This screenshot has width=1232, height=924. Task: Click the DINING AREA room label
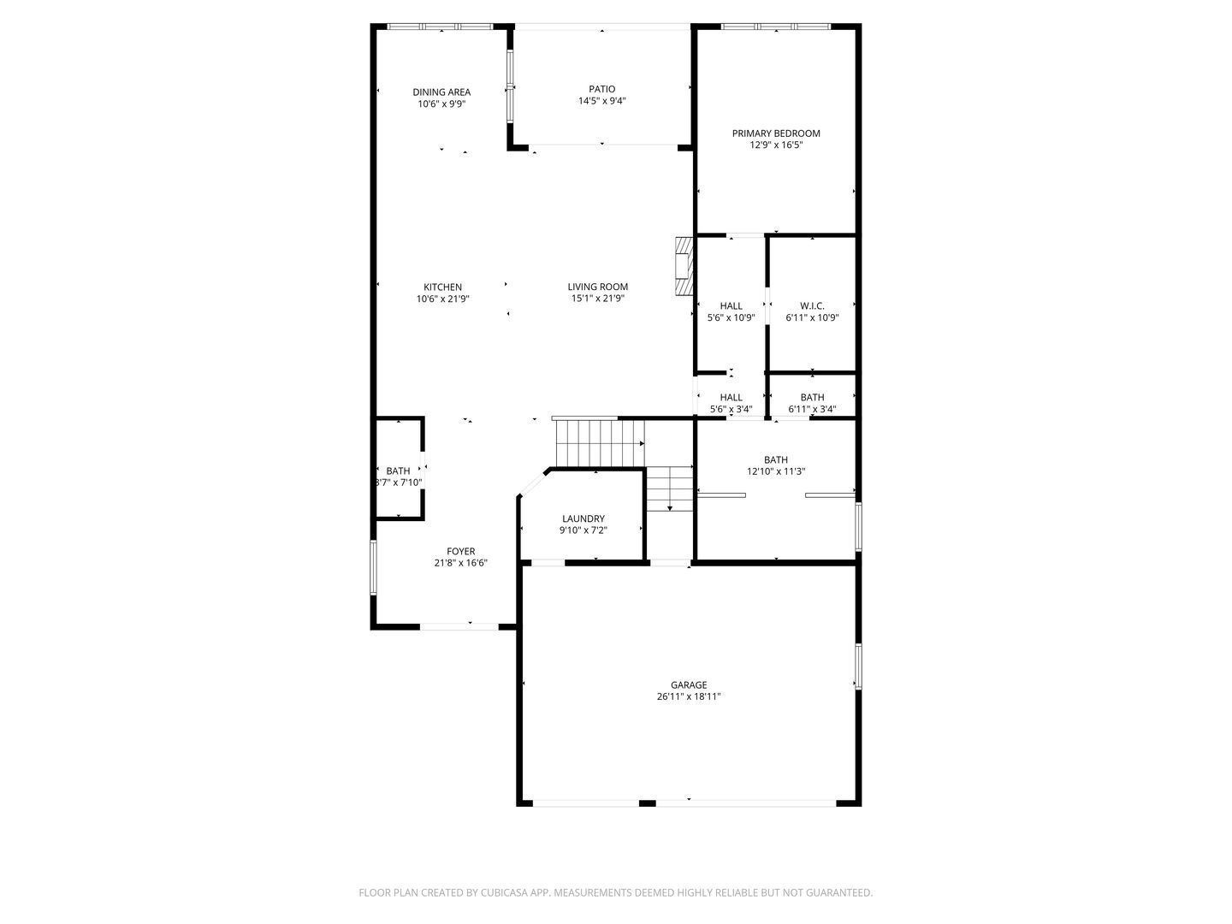click(x=441, y=92)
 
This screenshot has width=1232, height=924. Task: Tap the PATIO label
click(x=601, y=89)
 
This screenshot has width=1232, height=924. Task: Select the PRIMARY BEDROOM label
click(x=776, y=133)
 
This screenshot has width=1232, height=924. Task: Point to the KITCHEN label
click(x=442, y=287)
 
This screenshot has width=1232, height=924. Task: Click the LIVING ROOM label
click(x=597, y=287)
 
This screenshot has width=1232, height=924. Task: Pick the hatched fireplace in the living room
click(x=684, y=266)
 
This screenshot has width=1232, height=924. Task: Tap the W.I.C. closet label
click(x=812, y=305)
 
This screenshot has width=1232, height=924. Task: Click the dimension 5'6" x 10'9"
click(x=731, y=317)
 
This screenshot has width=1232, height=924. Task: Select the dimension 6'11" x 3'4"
click(x=812, y=409)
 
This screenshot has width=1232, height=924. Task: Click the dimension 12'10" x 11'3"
click(x=776, y=471)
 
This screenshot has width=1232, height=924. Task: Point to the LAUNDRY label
click(x=583, y=518)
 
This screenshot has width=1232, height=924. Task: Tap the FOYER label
click(x=460, y=551)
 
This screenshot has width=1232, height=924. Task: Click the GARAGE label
click(x=689, y=684)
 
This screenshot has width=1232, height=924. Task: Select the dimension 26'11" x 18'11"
click(x=689, y=696)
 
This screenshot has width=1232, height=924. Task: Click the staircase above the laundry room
click(x=600, y=443)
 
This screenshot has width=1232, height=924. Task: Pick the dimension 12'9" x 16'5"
click(x=776, y=145)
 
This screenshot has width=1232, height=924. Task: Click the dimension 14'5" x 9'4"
click(x=601, y=101)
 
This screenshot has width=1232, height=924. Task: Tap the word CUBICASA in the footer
click(x=504, y=892)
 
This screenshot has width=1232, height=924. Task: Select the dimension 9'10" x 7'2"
click(x=583, y=530)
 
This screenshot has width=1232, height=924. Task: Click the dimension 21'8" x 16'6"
click(x=460, y=563)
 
